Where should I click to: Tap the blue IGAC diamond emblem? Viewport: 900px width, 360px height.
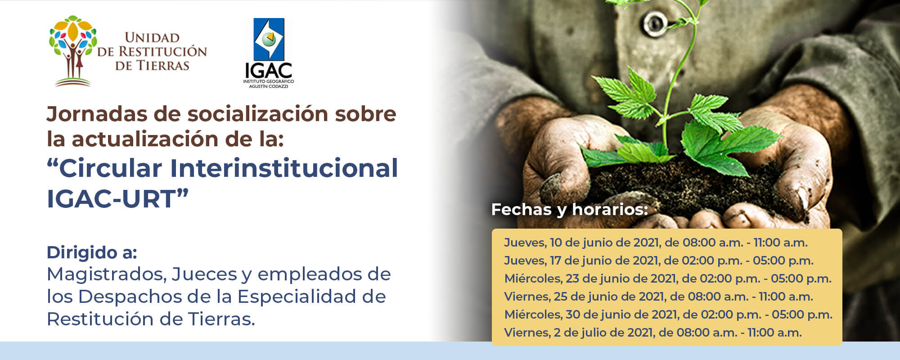(269, 39)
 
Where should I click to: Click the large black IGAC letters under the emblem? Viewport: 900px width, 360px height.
(269, 70)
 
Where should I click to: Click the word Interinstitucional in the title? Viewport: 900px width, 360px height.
(284, 168)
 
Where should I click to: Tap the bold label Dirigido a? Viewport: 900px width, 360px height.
(92, 252)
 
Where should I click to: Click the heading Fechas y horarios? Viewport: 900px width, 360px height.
(569, 209)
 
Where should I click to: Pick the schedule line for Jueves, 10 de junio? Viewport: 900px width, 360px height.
(656, 243)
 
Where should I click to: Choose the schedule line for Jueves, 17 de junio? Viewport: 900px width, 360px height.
(658, 261)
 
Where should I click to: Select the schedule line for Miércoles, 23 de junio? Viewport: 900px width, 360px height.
(667, 279)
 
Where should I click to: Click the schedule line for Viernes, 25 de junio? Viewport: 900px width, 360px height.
(658, 297)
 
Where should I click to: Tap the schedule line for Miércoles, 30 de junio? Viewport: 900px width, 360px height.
(668, 315)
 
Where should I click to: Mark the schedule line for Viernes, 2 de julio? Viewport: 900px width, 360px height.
(652, 333)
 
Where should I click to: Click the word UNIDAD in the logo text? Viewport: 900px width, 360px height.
(152, 38)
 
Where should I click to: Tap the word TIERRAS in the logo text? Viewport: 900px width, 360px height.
(162, 66)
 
